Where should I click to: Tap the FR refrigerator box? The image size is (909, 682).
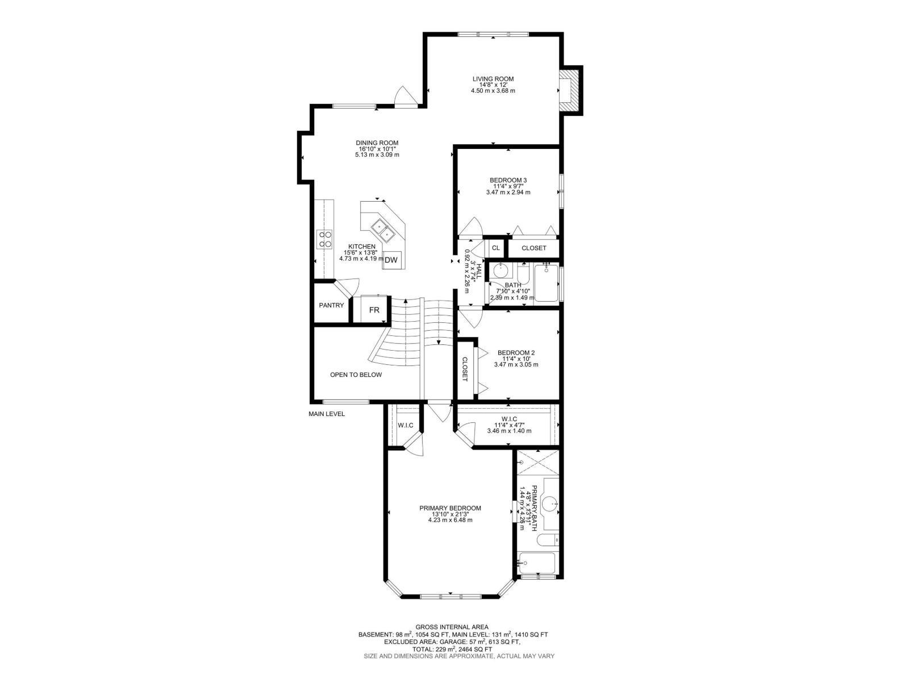(374, 310)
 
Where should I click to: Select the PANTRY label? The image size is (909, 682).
(331, 305)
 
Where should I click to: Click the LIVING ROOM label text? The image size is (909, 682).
(493, 79)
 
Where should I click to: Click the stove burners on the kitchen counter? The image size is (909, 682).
(325, 239)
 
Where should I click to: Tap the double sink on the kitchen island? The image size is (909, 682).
(383, 230)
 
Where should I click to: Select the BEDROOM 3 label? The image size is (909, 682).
(508, 180)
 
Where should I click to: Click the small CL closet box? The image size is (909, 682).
(495, 248)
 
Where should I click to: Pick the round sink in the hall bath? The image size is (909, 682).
(501, 269)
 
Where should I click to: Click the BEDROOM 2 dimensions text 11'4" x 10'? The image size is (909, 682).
(516, 359)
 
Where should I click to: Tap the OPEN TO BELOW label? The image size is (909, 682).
(356, 375)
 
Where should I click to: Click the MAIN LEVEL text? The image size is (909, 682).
(327, 414)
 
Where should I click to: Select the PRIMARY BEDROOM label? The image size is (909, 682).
(450, 508)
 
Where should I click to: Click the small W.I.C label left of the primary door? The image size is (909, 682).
(405, 425)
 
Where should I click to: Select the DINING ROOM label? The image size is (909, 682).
(377, 143)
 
